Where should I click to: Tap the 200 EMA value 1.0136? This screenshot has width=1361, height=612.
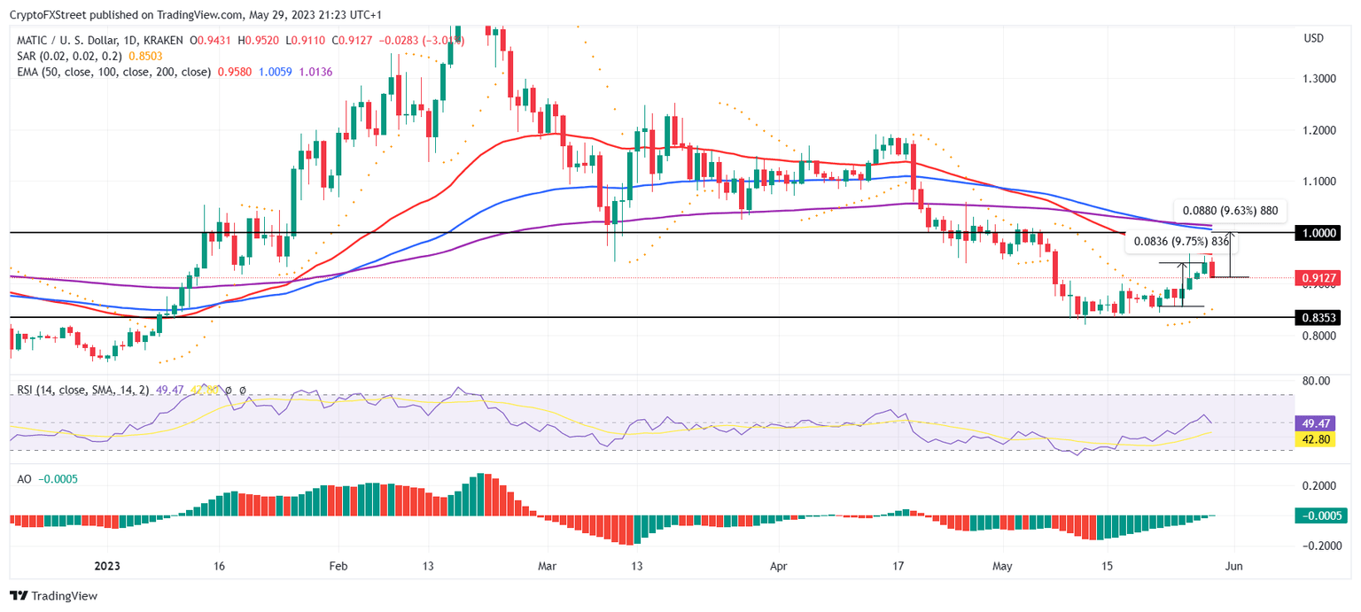pyautogui.click(x=315, y=72)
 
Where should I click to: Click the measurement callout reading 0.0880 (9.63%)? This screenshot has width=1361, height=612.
pyautogui.click(x=1231, y=212)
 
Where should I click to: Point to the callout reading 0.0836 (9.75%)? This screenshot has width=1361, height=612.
pyautogui.click(x=1181, y=241)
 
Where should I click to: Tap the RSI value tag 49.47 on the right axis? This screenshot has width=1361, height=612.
pyautogui.click(x=1315, y=423)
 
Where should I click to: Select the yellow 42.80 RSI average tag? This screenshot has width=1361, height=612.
pyautogui.click(x=1315, y=438)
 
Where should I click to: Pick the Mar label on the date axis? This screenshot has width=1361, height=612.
pyautogui.click(x=547, y=566)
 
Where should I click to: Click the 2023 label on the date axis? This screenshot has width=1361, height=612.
pyautogui.click(x=107, y=566)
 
